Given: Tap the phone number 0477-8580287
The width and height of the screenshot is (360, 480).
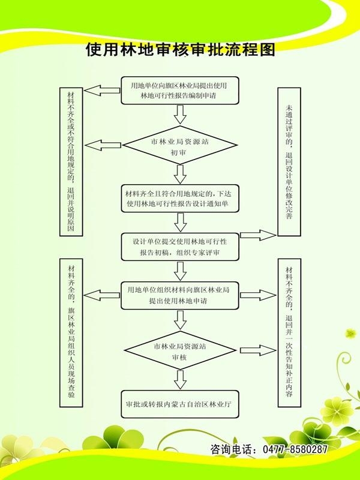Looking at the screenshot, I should tap(293, 449).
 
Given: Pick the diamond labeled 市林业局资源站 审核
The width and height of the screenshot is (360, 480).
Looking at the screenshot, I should tap(180, 352).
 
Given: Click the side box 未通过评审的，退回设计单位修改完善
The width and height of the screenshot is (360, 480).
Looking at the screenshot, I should tap(290, 161).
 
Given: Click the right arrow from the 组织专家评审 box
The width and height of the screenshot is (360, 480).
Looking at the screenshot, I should tap(258, 235).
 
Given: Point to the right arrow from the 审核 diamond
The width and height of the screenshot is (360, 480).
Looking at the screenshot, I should tap(258, 350).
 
